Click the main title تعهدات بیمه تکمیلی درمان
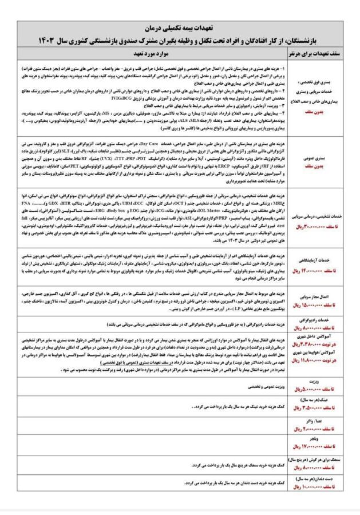click(x=180, y=27)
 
